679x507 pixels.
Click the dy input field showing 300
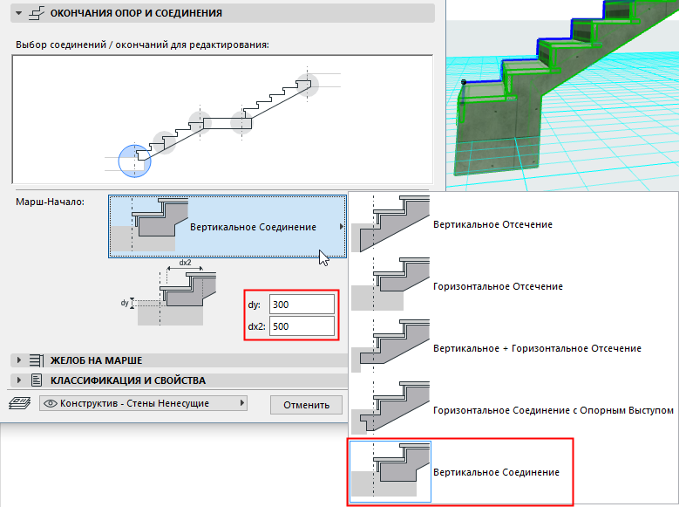pyautogui.click(x=302, y=305)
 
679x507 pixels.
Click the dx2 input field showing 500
pyautogui.click(x=302, y=326)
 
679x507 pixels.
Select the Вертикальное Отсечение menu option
pyautogui.click(x=492, y=225)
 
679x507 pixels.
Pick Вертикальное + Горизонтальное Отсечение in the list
pyautogui.click(x=537, y=348)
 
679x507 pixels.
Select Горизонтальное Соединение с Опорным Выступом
pyautogui.click(x=553, y=409)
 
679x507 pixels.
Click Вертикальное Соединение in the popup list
pyautogui.click(x=496, y=472)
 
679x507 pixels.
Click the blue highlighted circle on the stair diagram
pyautogui.click(x=134, y=160)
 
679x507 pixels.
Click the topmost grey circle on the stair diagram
pyautogui.click(x=307, y=85)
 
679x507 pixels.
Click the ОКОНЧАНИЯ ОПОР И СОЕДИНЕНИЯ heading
pyautogui.click(x=135, y=14)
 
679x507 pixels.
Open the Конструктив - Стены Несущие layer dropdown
pyautogui.click(x=144, y=404)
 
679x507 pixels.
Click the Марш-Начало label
pyautogui.click(x=50, y=202)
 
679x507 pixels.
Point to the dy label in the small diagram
pyautogui.click(x=125, y=303)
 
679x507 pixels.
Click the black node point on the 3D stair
pyautogui.click(x=464, y=82)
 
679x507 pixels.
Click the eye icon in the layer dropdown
pyautogui.click(x=50, y=404)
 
